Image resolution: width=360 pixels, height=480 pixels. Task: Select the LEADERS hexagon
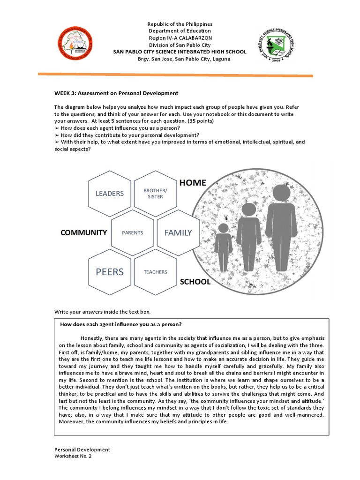point(110,194)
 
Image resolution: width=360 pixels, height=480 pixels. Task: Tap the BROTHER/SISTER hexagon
point(156,194)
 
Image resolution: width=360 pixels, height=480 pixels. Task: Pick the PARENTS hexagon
point(133,232)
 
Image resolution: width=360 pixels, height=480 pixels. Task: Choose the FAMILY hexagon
point(178,232)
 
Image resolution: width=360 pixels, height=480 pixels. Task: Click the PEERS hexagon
point(110,272)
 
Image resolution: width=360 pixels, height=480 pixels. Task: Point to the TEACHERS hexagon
point(156,272)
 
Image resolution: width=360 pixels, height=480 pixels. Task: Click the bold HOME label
point(193,182)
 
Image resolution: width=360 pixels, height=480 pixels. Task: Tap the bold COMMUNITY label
point(83,232)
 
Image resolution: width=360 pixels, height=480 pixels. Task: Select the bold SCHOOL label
point(195,282)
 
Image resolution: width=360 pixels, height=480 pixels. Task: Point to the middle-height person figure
point(248,237)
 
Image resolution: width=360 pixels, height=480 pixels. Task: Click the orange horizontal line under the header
point(175,75)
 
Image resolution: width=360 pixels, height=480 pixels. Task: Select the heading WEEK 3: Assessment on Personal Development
point(116,93)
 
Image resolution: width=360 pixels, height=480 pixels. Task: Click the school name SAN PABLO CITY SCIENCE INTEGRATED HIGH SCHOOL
point(180,52)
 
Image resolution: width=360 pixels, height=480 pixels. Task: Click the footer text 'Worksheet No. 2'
point(73,456)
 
